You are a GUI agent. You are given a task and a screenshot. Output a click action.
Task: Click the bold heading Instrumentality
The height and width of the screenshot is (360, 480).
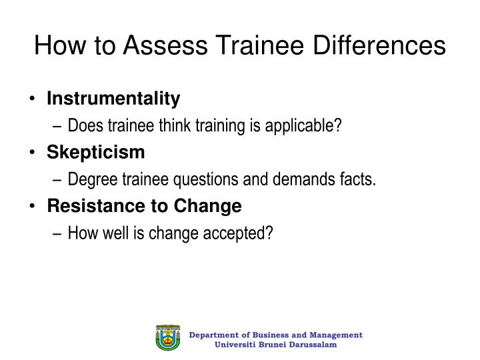[x=113, y=99]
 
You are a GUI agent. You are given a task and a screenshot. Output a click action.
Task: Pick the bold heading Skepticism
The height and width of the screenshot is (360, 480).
[x=95, y=153]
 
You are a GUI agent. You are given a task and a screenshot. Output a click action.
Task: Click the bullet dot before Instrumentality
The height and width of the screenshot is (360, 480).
[x=33, y=100]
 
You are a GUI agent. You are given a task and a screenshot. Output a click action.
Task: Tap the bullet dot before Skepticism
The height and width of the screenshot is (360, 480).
[x=33, y=153]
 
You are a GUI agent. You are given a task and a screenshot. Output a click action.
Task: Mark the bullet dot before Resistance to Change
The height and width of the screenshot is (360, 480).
[x=33, y=207]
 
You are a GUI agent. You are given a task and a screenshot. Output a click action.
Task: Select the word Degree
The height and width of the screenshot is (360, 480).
[x=89, y=179]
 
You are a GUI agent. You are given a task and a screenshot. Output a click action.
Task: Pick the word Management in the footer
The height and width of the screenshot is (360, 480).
[x=336, y=335]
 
